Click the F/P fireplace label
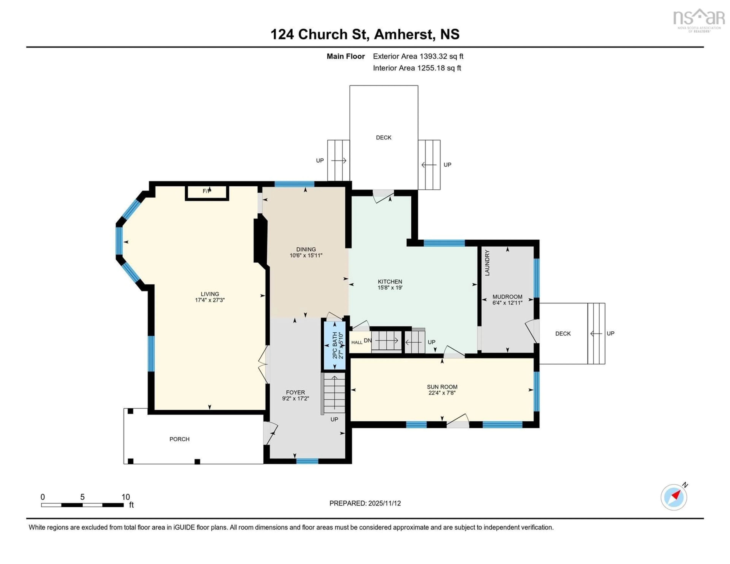[x=207, y=191]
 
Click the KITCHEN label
[x=390, y=281]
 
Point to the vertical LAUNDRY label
[x=487, y=263]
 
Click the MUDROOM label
[x=507, y=296]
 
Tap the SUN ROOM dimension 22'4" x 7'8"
[x=442, y=393]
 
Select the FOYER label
[x=295, y=392]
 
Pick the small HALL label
[x=357, y=342]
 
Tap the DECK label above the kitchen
[x=383, y=137]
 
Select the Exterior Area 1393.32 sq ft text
[x=418, y=56]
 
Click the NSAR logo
[x=699, y=20]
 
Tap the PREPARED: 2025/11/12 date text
[x=365, y=503]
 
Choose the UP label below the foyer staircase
[x=334, y=419]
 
